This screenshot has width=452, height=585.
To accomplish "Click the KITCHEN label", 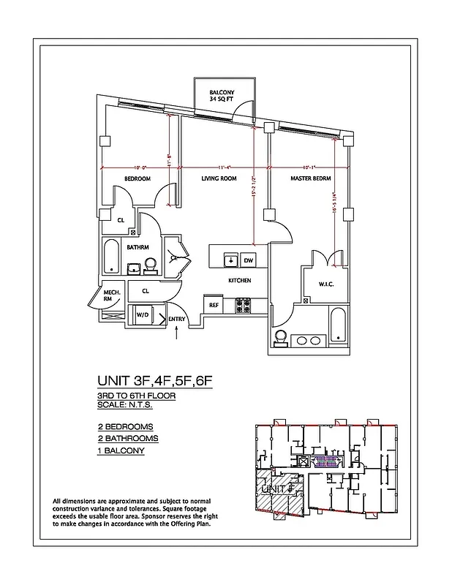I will (x=239, y=281).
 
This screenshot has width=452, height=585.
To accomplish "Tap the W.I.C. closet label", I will (x=325, y=284).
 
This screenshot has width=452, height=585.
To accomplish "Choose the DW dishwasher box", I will (x=248, y=260).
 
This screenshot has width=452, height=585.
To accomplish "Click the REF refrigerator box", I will (x=214, y=305).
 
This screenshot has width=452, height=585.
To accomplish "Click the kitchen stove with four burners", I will (x=244, y=305).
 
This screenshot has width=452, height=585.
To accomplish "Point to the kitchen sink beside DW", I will (x=230, y=260).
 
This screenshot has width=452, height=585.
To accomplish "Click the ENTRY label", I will (x=176, y=320).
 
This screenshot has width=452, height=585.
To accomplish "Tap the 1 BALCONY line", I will (x=121, y=451).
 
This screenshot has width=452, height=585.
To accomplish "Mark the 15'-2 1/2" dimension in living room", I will (x=254, y=195).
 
